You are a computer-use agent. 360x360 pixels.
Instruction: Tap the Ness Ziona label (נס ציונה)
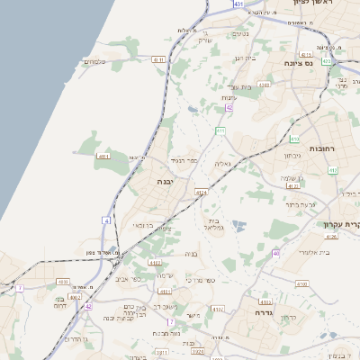tap(322, 63)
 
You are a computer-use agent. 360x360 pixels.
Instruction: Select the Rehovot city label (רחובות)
tap(321, 148)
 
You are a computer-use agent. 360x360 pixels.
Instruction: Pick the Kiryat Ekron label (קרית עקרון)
tap(343, 224)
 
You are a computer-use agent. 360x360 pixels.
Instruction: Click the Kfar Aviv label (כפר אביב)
tap(126, 279)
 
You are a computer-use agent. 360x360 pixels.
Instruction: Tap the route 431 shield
tap(238, 4)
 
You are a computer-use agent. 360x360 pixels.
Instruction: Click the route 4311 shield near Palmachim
tap(159, 59)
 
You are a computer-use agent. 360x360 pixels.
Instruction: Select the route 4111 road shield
tap(103, 157)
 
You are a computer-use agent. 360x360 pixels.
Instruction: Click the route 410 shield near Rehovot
tap(294, 139)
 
